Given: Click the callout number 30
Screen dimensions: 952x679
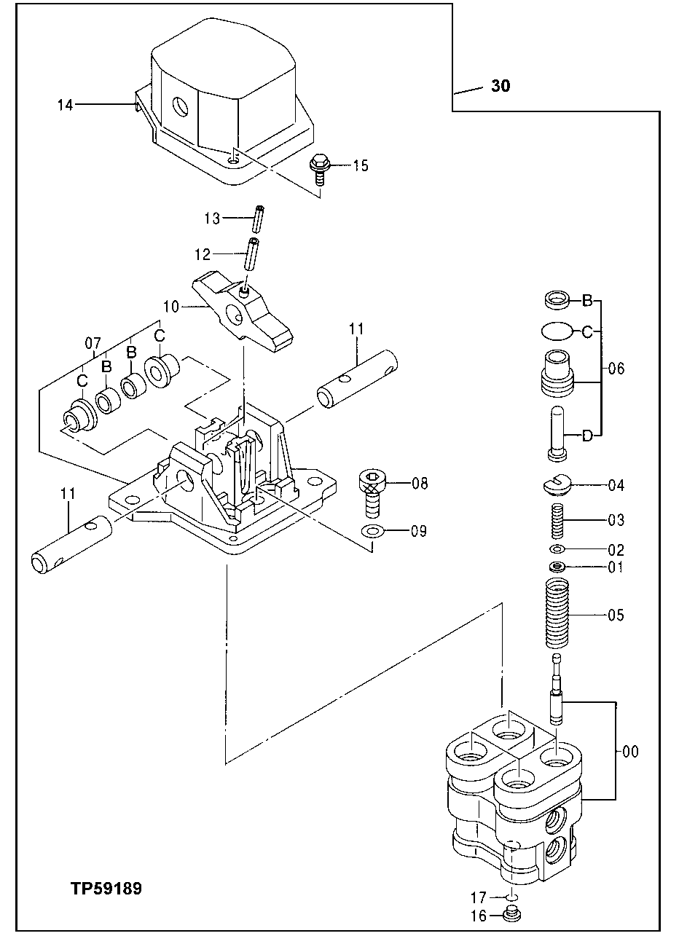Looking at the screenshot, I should coord(501,86).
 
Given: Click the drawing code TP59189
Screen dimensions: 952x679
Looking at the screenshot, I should coord(106,889).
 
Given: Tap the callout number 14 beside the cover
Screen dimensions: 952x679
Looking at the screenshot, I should coord(66,105).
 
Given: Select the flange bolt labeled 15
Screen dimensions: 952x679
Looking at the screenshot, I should coord(319,165).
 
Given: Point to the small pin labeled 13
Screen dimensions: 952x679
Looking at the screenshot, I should coord(258,219).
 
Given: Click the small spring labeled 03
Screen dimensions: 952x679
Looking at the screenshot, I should coord(557,520).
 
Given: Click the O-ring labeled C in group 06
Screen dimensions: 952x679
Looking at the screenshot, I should coord(557,331).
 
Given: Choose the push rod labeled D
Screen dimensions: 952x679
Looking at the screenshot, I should coord(557,433).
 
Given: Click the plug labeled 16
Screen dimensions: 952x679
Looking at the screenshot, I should coord(513,915).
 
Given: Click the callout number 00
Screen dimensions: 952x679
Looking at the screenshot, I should coord(630,752).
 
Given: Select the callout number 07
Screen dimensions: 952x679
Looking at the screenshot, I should coord(93,341).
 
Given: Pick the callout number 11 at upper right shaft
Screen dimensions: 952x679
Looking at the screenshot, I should coord(356,329).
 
